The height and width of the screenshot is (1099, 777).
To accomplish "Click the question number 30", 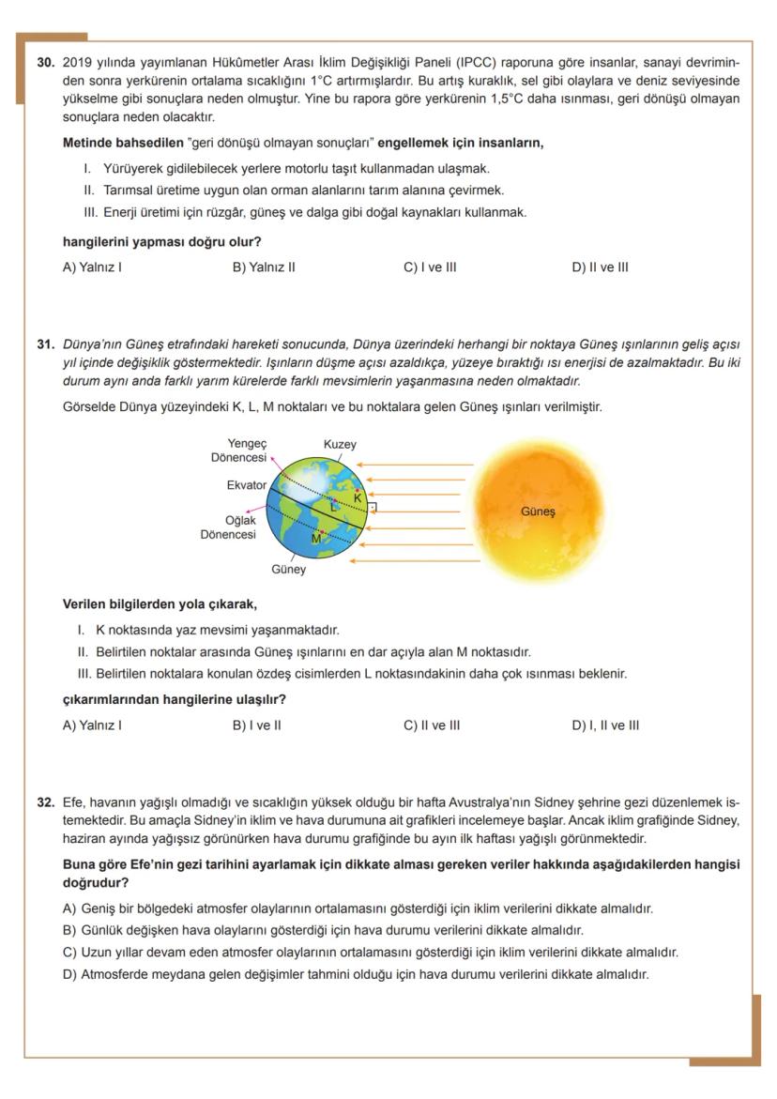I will [46, 63].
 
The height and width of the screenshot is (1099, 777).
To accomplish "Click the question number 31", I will [46, 343].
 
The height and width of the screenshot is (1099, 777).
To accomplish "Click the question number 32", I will [46, 803].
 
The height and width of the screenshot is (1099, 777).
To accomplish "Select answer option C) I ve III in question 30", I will [430, 267].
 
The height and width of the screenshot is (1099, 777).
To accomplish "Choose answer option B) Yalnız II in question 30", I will [264, 267].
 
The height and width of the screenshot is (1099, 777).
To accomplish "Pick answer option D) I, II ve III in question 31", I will [605, 725].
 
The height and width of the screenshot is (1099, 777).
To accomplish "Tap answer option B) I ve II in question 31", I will [256, 725].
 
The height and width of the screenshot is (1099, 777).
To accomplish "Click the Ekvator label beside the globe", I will [246, 485].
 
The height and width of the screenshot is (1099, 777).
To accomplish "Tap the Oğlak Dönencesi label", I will [228, 527].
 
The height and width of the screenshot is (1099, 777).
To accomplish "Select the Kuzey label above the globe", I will [340, 444].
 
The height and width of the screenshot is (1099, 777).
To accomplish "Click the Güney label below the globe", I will [288, 570].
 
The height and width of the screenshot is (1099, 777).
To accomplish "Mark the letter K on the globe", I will [358, 496].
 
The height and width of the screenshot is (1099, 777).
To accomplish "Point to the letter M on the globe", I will [316, 539].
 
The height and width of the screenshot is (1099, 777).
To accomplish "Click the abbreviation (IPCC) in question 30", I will [479, 63].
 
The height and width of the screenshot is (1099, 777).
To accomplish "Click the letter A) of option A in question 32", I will [69, 908].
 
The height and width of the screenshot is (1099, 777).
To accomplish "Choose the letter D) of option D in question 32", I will [69, 975].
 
